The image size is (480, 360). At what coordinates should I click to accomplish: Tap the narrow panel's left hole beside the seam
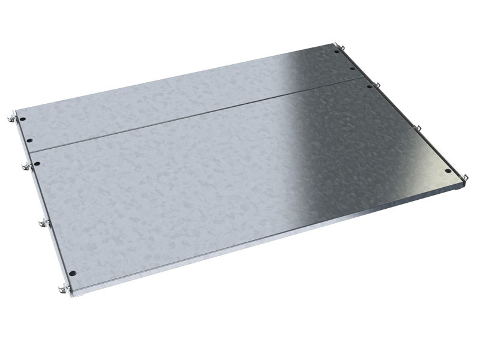click(29, 141)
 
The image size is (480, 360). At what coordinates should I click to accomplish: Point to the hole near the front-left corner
click(71, 274)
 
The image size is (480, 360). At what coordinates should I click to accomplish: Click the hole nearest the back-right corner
click(337, 52)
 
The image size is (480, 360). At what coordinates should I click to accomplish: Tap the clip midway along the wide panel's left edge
click(42, 223)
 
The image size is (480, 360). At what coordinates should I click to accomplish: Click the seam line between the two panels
click(198, 114)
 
